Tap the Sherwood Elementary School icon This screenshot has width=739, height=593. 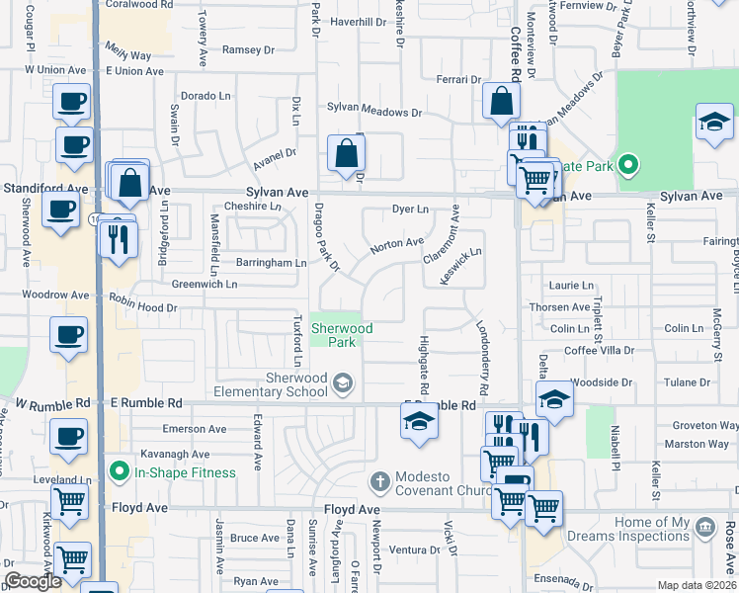pos(342,383)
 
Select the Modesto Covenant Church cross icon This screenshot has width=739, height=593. pos(378,482)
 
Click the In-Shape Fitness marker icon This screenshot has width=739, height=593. pos(120,471)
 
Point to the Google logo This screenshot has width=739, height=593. pos(34,581)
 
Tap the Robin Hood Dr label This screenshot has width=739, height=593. pos(143,308)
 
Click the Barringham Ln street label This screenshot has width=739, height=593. pos(271,263)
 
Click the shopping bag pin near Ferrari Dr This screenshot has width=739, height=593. pos(502,100)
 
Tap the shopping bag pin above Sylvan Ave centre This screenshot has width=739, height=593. pos(347,153)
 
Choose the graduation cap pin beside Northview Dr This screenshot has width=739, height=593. pos(713,122)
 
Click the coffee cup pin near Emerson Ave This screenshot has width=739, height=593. pos(69,436)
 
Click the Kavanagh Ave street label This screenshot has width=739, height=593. pos(174,455)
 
